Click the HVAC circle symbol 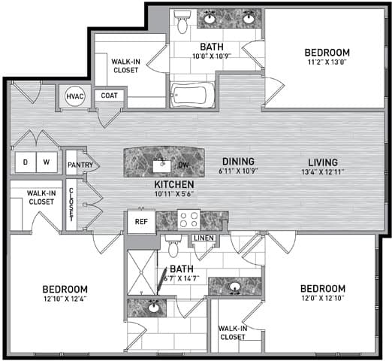click(74, 96)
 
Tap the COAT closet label click(109, 96)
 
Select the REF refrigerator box click(141, 222)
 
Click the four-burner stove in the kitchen click(188, 220)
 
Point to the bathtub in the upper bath click(192, 96)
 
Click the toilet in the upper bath click(182, 22)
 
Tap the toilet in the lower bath click(173, 246)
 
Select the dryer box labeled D click(26, 162)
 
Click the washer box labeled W click(47, 162)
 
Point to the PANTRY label click(80, 165)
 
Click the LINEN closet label click(204, 238)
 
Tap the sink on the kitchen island click(161, 166)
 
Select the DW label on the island click(183, 165)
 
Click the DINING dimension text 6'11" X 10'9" click(238, 171)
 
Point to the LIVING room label click(323, 162)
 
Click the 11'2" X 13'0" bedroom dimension click(327, 62)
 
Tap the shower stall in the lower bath click(141, 272)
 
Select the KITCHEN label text click(174, 184)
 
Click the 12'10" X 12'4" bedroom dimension click(65, 299)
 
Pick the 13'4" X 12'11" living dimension click(323, 172)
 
